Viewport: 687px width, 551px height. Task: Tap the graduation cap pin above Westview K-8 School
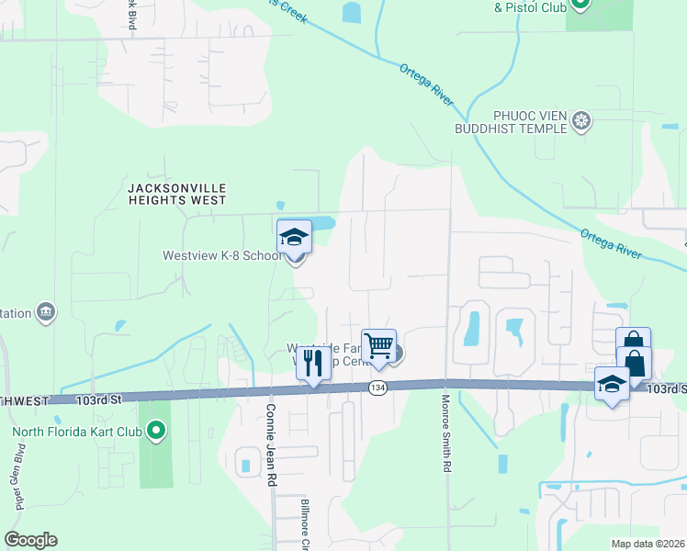pyautogui.click(x=295, y=237)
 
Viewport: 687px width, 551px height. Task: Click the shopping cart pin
pyautogui.click(x=378, y=346)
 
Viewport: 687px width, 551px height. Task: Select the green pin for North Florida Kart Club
pyautogui.click(x=156, y=429)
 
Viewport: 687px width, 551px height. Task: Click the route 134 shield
pyautogui.click(x=377, y=388)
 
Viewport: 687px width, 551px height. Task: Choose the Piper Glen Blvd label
pyautogui.click(x=17, y=478)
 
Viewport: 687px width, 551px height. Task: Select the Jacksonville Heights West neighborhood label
pyautogui.click(x=176, y=193)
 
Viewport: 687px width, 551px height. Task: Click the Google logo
pyautogui.click(x=30, y=540)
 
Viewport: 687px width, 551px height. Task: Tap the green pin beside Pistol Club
pyautogui.click(x=580, y=5)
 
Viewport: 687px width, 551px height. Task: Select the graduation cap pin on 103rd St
pyautogui.click(x=611, y=385)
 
